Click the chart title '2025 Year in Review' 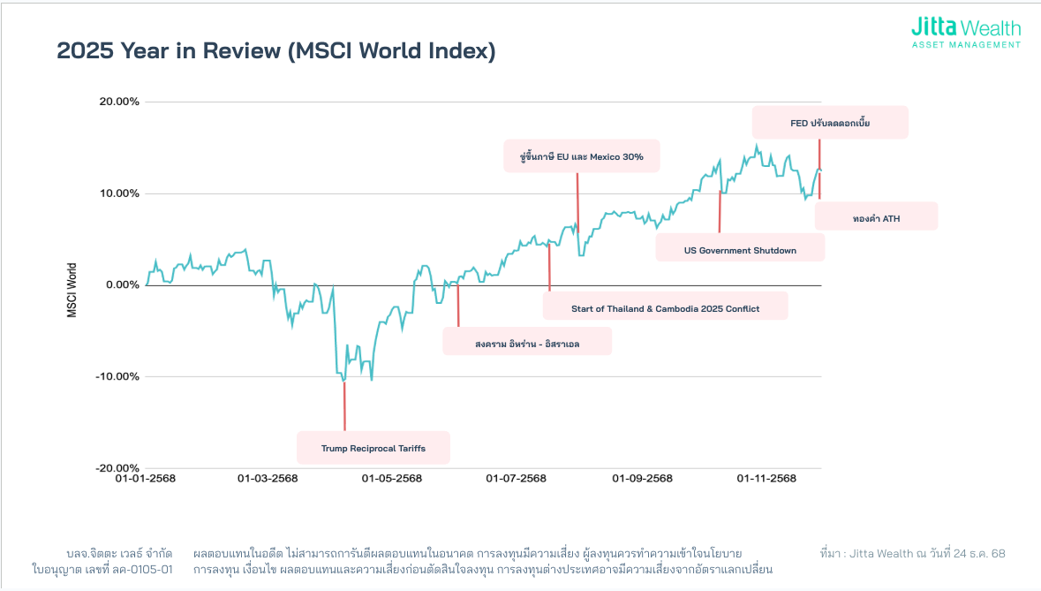276,51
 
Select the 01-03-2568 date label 268,479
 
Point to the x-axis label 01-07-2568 517,479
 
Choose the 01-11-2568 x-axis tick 766,479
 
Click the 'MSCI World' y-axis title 72,291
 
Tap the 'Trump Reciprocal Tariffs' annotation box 373,448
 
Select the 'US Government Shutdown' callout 740,250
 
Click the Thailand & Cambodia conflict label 665,308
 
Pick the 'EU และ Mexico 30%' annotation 582,156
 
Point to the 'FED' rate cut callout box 830,123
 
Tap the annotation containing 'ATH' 876,218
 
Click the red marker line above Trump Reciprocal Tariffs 344,406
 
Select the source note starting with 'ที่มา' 912,554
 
